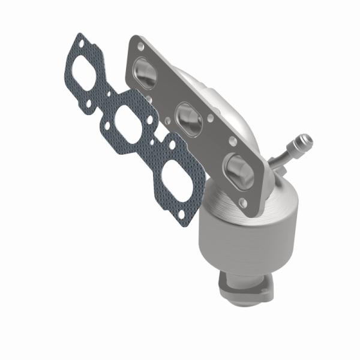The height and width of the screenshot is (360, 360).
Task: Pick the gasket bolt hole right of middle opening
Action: click(149, 119)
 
